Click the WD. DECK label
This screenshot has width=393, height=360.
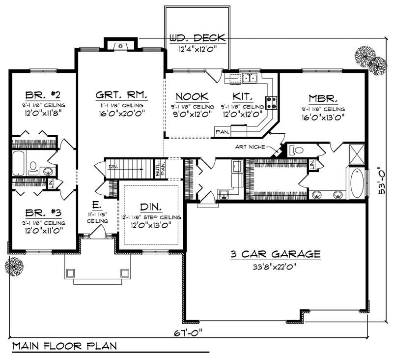pyautogui.click(x=197, y=38)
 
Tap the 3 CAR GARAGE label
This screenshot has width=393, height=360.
pyautogui.click(x=276, y=254)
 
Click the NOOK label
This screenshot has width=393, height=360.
pyautogui.click(x=192, y=97)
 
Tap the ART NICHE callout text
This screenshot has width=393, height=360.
pyautogui.click(x=251, y=147)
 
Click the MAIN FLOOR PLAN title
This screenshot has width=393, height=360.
pyautogui.click(x=65, y=346)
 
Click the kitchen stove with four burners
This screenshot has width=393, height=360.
pyautogui.click(x=271, y=102)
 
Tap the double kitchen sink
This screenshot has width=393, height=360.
pyautogui.click(x=250, y=78)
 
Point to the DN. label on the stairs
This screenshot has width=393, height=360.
pyautogui.click(x=112, y=166)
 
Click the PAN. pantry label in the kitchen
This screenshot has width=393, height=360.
pyautogui.click(x=222, y=131)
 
